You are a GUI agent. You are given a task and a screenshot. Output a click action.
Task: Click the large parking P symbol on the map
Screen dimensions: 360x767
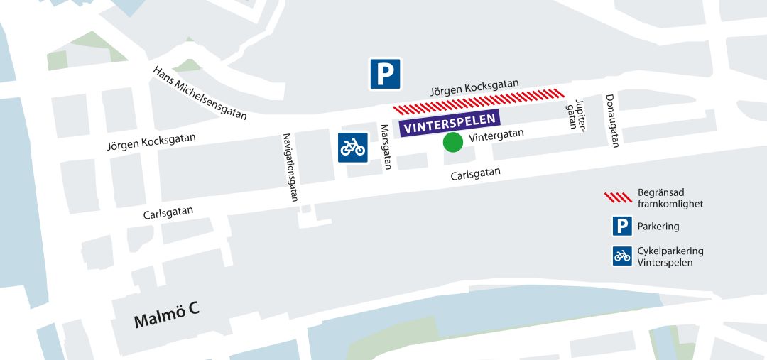pyautogui.click(x=385, y=74)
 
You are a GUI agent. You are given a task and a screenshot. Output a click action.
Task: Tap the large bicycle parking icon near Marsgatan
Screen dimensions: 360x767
pyautogui.click(x=352, y=147)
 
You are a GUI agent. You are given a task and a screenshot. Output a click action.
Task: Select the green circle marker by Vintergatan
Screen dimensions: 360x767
pyautogui.click(x=453, y=142)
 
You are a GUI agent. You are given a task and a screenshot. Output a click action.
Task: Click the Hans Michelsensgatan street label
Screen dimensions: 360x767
pyautogui.click(x=200, y=93)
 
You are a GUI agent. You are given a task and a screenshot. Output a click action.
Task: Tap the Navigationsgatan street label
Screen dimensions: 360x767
pyautogui.click(x=290, y=168)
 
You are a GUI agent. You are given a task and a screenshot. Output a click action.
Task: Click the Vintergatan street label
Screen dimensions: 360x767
pyautogui.click(x=496, y=133)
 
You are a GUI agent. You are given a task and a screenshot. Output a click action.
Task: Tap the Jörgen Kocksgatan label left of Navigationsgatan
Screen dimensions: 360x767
pyautogui.click(x=151, y=141)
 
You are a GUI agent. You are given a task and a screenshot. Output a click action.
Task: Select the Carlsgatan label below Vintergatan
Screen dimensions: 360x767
pyautogui.click(x=475, y=174)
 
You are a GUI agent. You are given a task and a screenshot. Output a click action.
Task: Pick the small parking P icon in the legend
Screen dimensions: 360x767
pyautogui.click(x=623, y=227)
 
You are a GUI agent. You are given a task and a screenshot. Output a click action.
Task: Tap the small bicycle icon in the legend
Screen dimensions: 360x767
pyautogui.click(x=623, y=256)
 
